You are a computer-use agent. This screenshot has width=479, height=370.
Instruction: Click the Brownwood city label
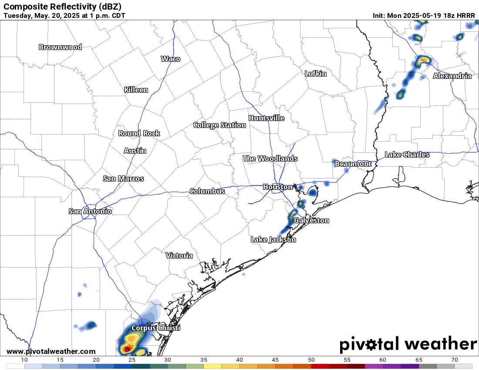coord(60,47)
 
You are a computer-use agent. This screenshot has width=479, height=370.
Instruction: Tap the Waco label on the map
coord(170,59)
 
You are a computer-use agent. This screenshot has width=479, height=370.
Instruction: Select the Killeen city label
coord(136,90)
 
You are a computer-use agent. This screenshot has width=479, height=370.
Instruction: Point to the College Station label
coord(219,125)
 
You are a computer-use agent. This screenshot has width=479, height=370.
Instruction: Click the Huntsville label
coord(266,118)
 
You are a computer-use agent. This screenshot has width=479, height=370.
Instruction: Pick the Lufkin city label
coord(315,74)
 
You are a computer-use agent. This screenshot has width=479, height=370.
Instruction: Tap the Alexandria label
coord(452,76)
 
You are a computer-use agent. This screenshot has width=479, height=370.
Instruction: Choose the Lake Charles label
coord(407,155)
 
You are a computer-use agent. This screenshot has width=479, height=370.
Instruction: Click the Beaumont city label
coord(353,164)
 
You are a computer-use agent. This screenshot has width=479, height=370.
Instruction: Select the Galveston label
coord(311,220)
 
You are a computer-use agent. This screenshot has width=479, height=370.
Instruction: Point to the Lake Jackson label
coord(273,239)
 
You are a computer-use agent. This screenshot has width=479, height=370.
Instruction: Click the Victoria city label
coord(179,256)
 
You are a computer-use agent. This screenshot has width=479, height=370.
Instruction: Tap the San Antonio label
coord(90,211)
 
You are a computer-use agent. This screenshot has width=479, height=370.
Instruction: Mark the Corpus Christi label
coord(155,328)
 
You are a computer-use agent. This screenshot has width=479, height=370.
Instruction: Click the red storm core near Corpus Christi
coord(126,349)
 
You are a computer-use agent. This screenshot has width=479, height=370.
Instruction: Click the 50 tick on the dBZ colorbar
coord(311,360)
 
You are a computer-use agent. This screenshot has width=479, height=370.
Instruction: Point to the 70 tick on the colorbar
coord(454,360)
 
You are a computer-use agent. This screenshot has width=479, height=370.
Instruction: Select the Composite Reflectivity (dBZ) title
coord(62,7)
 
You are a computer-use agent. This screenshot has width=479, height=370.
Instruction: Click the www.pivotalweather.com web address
coord(51,351)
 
